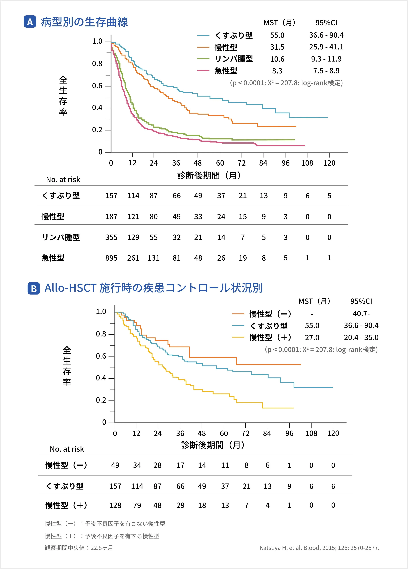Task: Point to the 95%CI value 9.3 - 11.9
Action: click(x=326, y=59)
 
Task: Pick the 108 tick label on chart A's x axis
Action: click(x=307, y=163)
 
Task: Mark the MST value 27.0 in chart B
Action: click(x=312, y=337)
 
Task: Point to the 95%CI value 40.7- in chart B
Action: click(x=361, y=314)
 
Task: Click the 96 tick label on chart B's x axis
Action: click(x=289, y=433)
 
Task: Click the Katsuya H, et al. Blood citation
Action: click(x=319, y=548)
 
